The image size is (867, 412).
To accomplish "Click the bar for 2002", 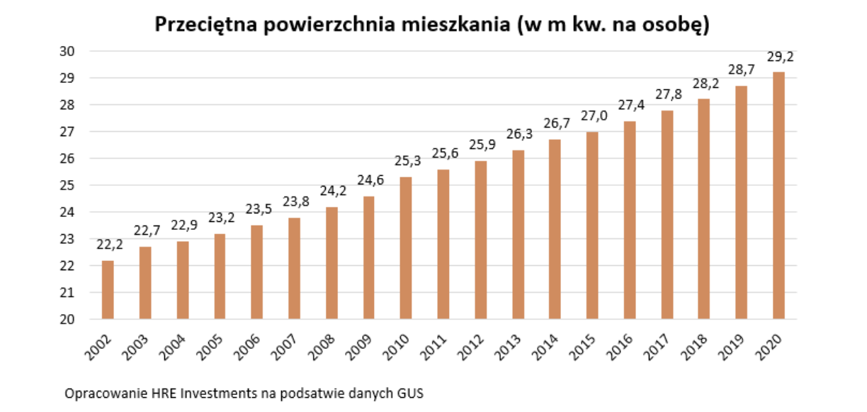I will coord(108,290).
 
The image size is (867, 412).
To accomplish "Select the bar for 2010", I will coord(406,248).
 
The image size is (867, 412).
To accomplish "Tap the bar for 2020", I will coord(778,196).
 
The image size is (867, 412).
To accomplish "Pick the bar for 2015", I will coord(592,226).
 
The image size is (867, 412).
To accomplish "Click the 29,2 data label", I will coord(779,57).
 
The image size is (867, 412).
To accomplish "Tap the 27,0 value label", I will coord(592,116).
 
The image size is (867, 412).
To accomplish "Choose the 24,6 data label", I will coord(368,181).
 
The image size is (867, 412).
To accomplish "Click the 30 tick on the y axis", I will coord(67,51).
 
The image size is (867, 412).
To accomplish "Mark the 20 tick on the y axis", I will coord(67,319).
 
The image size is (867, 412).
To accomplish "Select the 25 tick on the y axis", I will coord(67,185).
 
